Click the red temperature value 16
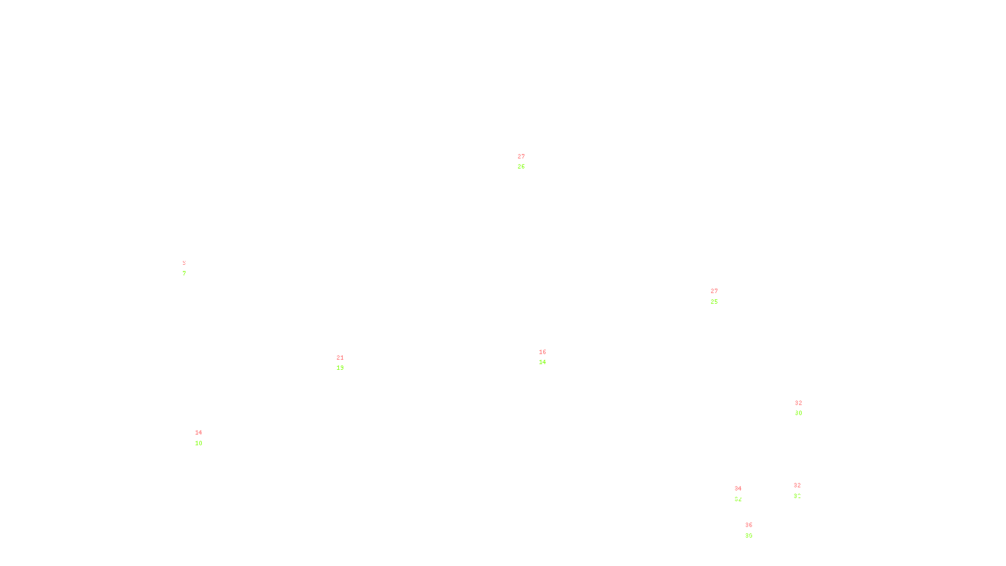pos(543,352)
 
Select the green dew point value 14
pos(542,362)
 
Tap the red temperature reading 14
pos(199,433)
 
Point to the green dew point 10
pos(199,443)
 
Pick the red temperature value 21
pos(340,358)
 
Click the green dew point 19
pos(340,368)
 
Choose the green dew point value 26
pos(521,167)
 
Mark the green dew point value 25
pos(714,302)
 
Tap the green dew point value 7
pos(184,274)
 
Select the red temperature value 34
pos(738,489)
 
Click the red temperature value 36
pos(749,525)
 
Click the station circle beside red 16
pos(548,357)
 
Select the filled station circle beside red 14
pos(205,438)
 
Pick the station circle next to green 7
pos(188,269)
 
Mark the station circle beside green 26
pos(528,162)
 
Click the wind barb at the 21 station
pos(346,352)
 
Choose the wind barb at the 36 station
pos(746,537)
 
